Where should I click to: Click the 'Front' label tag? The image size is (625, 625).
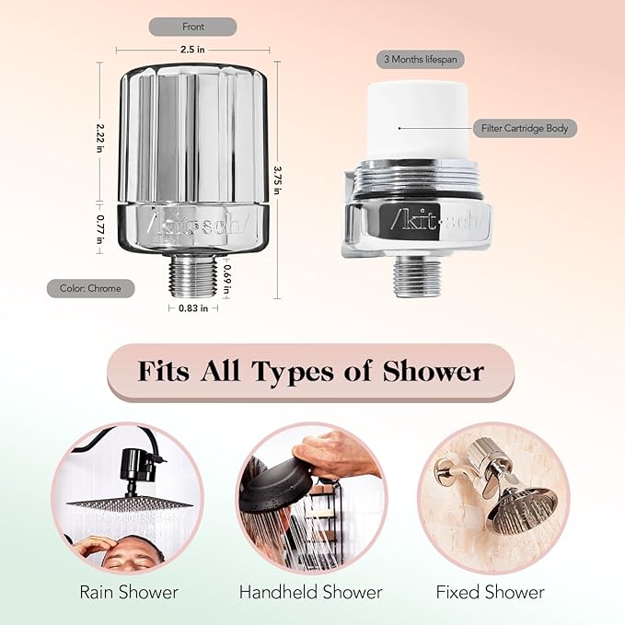pos(192,27)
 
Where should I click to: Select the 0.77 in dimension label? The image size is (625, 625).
pos(100,222)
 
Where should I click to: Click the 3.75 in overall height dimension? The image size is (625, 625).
pos(276,179)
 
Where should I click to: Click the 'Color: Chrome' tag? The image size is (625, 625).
pos(90,288)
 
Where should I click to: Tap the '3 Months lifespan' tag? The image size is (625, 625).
pos(421,59)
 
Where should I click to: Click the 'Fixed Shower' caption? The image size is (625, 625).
pos(490,592)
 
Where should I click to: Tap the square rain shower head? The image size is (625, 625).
pos(129,503)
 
